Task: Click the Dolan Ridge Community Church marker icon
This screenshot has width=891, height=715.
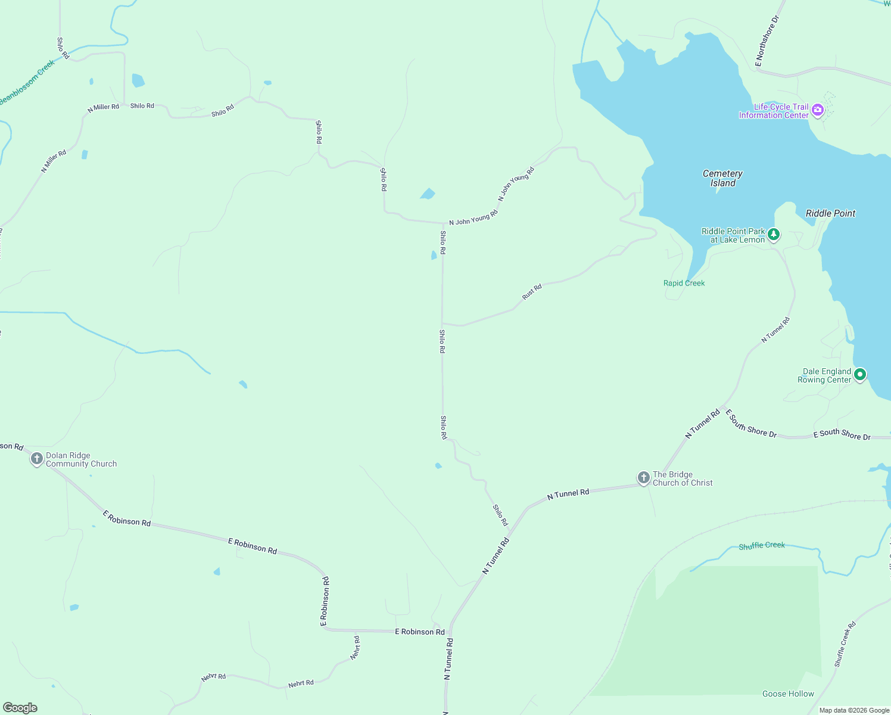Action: click(37, 459)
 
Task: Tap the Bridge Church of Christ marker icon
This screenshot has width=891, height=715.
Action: click(643, 477)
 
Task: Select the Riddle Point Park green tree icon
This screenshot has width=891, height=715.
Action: click(774, 234)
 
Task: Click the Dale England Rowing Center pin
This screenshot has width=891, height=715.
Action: click(859, 375)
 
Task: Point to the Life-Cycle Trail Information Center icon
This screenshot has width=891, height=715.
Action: click(818, 110)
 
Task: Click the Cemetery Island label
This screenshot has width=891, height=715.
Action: click(722, 178)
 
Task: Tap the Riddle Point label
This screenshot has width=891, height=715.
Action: click(830, 213)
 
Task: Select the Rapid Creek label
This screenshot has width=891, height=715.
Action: click(684, 283)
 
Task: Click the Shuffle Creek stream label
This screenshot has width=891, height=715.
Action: click(762, 546)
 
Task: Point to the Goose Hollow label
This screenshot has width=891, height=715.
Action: click(788, 694)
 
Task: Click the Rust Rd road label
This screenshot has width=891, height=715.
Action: click(532, 292)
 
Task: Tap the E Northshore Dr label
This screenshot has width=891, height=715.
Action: click(767, 41)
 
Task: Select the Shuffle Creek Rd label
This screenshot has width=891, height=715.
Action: click(845, 645)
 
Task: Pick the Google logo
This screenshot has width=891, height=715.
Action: click(20, 708)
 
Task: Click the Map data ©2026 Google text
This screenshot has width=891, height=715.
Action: click(854, 710)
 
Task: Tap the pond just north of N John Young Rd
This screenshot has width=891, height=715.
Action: click(428, 194)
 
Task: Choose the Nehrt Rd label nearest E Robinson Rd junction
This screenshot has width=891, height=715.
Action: click(356, 648)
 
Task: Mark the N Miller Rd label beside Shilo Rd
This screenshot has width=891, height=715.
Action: click(103, 108)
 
